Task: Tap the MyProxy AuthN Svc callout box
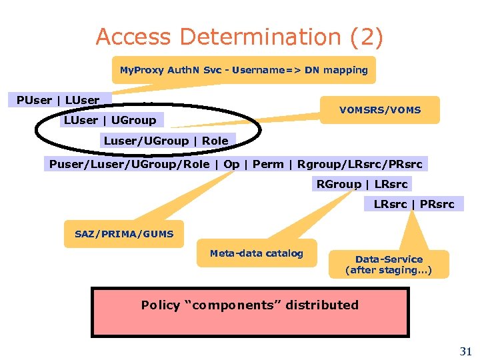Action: [243, 70]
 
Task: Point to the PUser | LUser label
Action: [58, 100]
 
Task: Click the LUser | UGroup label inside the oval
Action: [109, 120]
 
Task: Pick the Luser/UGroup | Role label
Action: [166, 141]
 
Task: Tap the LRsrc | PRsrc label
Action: [413, 204]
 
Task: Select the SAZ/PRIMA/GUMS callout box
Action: [124, 234]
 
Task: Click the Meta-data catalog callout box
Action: [256, 253]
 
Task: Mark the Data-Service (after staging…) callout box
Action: [389, 265]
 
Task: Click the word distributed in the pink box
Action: [323, 305]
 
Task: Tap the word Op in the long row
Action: [231, 164]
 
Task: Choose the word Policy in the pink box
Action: [161, 305]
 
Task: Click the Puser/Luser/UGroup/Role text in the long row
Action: [129, 164]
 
